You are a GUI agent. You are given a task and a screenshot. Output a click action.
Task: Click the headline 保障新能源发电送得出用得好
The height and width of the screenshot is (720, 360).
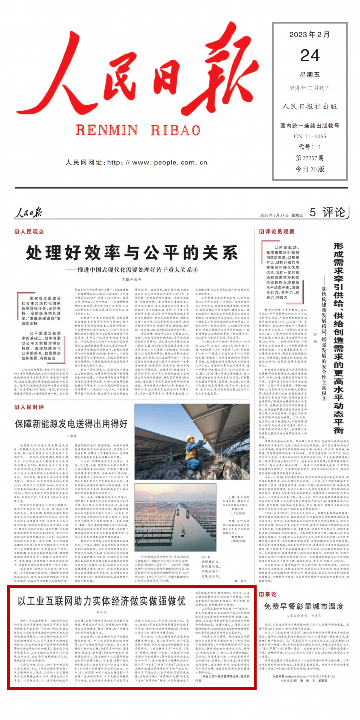click(x=71, y=424)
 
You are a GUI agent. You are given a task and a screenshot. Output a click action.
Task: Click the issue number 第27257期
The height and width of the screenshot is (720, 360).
click(x=310, y=158)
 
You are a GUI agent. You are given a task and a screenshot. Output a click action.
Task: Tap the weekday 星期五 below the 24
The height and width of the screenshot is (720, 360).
click(x=310, y=75)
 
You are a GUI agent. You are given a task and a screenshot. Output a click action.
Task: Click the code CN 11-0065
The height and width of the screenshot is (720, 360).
click(x=310, y=136)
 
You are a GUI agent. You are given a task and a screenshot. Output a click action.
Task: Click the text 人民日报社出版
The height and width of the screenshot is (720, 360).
click(x=310, y=107)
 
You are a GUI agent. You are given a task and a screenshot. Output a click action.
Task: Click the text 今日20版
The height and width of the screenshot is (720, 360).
click(x=310, y=169)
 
